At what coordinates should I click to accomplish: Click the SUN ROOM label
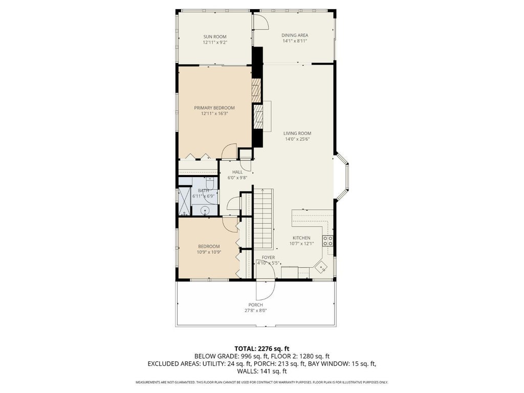point(215,37)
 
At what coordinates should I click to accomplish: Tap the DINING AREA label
point(295,35)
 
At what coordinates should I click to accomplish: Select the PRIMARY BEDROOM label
point(214,108)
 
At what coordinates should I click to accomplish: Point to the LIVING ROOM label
point(297,134)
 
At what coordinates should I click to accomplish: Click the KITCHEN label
point(302,238)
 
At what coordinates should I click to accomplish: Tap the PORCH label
point(256,305)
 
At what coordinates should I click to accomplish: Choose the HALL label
point(237,172)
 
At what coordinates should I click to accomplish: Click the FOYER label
point(268,258)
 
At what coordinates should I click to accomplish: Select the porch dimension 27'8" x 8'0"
point(256,311)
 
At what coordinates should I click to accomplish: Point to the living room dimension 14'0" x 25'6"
point(297,139)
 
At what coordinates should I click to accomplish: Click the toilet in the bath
point(210,184)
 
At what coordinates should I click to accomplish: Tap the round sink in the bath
point(205,210)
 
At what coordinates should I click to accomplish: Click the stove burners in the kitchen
point(327,241)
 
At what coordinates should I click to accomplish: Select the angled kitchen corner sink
point(322,267)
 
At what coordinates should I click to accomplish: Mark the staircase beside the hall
point(264,219)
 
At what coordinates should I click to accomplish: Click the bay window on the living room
point(342,177)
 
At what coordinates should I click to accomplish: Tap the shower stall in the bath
point(184,201)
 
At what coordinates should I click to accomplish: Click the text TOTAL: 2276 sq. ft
point(261,349)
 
